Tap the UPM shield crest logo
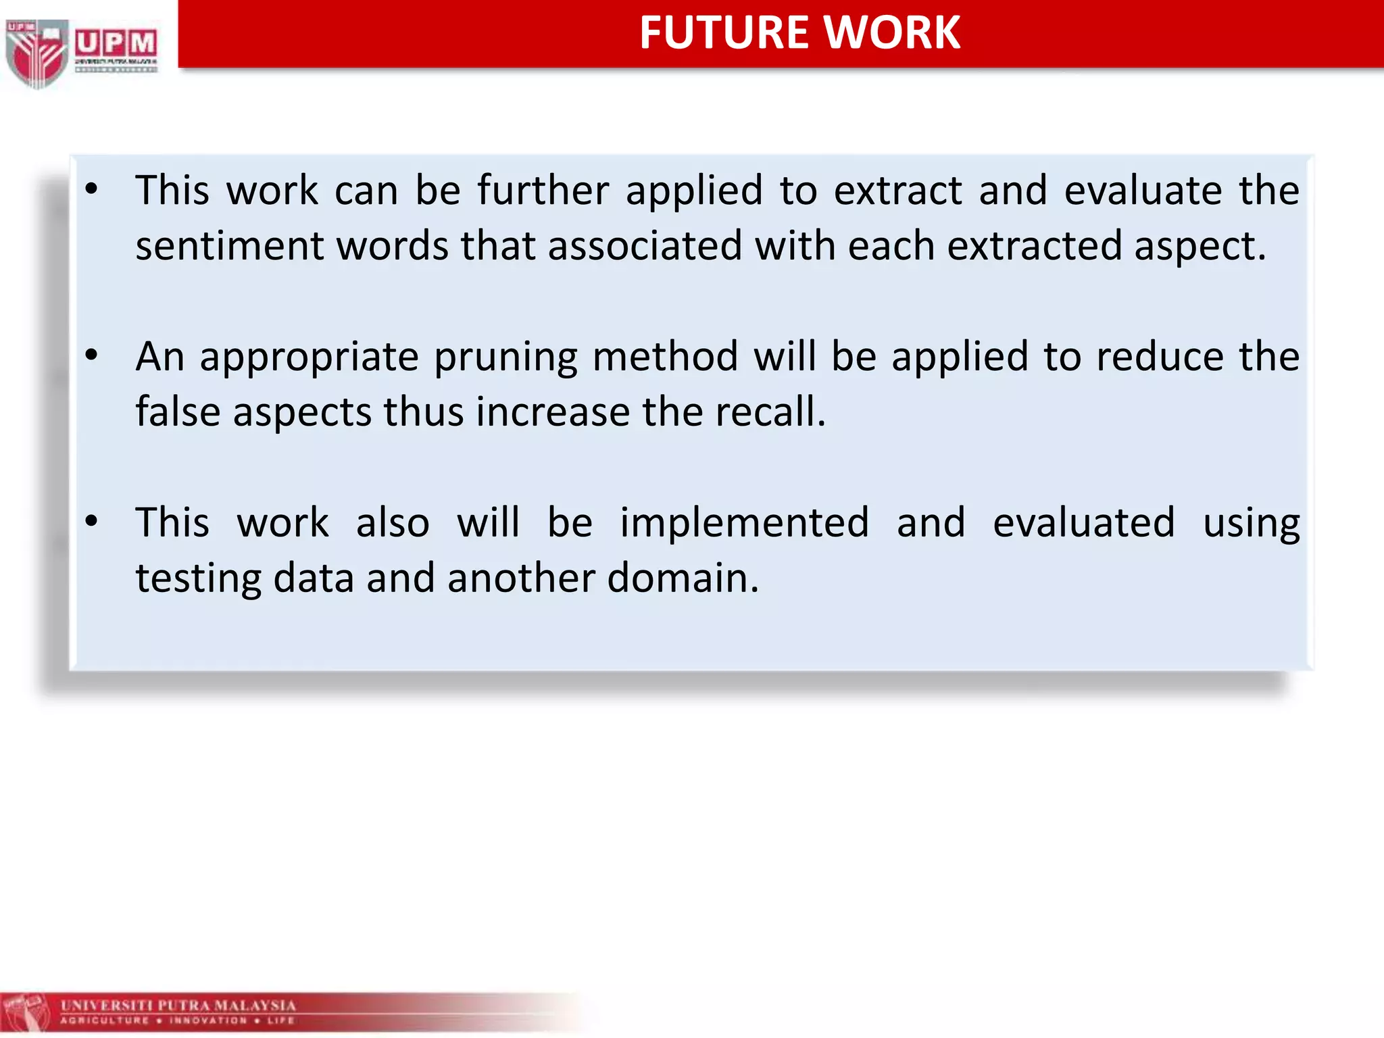tap(37, 53)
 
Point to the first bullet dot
tap(92, 190)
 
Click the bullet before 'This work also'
tap(92, 522)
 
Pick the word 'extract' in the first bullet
tap(897, 190)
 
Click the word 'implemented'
tap(744, 523)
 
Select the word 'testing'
tap(198, 579)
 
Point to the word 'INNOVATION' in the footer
tap(208, 1020)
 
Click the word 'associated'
tap(645, 245)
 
